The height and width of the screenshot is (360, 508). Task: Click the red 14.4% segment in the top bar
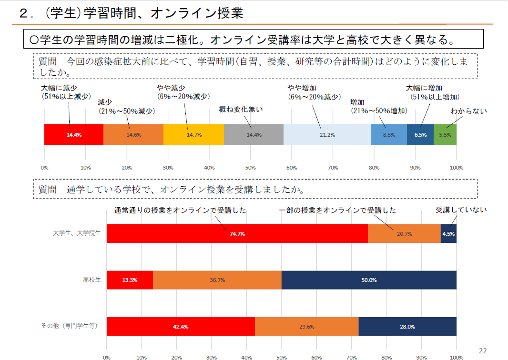[x=74, y=135]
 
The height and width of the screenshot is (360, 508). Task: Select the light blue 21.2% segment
[x=327, y=135]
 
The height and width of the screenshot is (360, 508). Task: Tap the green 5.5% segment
[x=445, y=135]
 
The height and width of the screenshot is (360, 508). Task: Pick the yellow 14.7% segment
[x=193, y=135]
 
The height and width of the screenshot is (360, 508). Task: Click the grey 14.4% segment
[x=254, y=135]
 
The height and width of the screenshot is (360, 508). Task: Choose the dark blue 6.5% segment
[x=420, y=135]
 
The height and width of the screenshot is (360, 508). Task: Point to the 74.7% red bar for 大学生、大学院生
[x=237, y=234]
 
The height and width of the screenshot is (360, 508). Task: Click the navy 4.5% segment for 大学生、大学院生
[x=448, y=234]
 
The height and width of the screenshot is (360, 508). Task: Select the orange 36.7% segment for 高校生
[x=217, y=280]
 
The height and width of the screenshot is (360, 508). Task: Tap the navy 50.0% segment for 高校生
[x=369, y=280]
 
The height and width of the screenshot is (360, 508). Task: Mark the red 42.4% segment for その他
[x=181, y=327]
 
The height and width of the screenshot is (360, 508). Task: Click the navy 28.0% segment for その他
[x=407, y=327]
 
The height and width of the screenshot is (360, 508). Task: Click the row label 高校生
[x=92, y=280]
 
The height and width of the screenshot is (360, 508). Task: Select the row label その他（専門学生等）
[x=69, y=326]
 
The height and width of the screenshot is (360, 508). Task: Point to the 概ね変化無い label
[x=241, y=109]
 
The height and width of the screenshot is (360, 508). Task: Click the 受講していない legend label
[x=461, y=210]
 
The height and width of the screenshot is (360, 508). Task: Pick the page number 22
[x=482, y=351]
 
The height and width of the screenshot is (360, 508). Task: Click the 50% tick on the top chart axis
[x=251, y=168]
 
